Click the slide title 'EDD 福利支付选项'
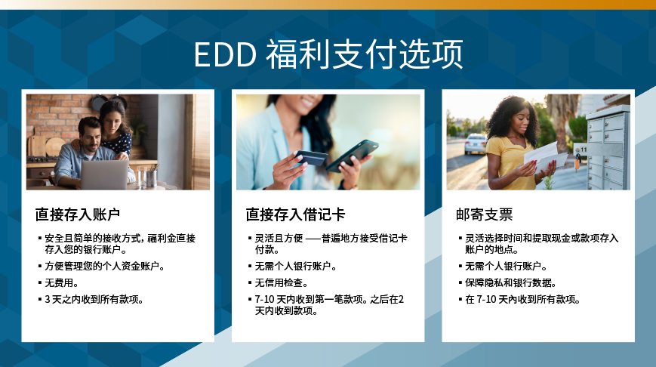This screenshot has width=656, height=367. pyautogui.click(x=328, y=54)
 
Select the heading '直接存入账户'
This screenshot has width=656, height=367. pyautogui.click(x=78, y=214)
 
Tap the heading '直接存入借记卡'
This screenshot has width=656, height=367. pyautogui.click(x=295, y=214)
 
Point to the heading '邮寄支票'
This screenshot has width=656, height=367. pyautogui.click(x=484, y=214)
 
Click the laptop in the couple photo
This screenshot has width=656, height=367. pyautogui.click(x=104, y=174)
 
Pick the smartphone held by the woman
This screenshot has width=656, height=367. pyautogui.click(x=353, y=156)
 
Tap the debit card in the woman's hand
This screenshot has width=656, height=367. pyautogui.click(x=310, y=158)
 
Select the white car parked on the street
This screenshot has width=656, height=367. pyautogui.click(x=476, y=143)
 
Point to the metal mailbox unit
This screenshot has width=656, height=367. pyautogui.click(x=608, y=147)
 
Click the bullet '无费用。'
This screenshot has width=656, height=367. pyautogui.click(x=61, y=283)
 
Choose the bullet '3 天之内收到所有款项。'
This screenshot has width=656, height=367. pyautogui.click(x=94, y=300)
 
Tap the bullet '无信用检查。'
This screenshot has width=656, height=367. pyautogui.click(x=281, y=283)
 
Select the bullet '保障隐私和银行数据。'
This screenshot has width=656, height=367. pyautogui.click(x=510, y=283)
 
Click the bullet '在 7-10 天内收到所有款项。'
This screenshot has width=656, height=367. pyautogui.click(x=522, y=300)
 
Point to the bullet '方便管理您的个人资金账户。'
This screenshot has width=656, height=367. pyautogui.click(x=105, y=266)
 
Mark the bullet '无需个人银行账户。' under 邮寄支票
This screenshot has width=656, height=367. pyautogui.click(x=506, y=266)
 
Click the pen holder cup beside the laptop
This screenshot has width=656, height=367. pyautogui.click(x=152, y=177)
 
